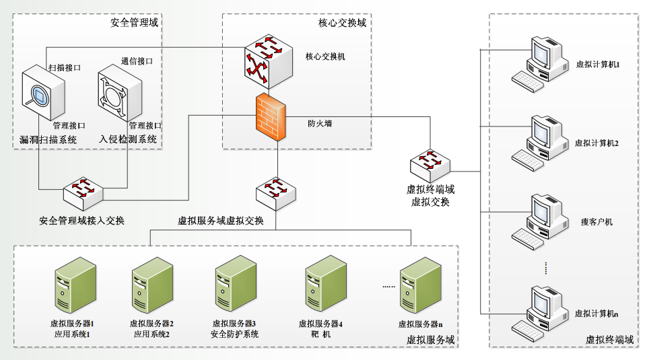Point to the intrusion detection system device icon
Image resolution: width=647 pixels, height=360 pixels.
coord(119,95)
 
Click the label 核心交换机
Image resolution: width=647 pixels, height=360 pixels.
coord(325,57)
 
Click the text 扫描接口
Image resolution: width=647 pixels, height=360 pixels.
coord(65,68)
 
